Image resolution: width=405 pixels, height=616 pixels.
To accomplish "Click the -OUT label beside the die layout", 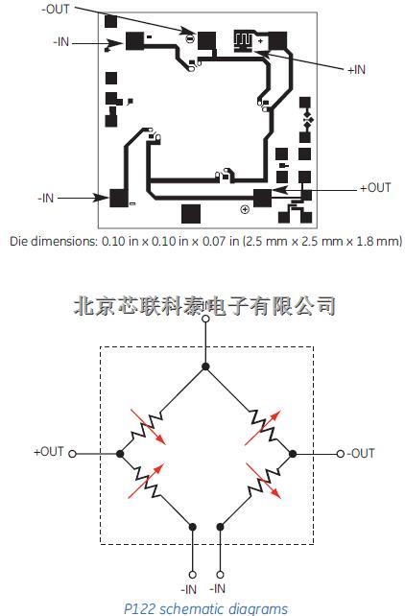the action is pos(56,9).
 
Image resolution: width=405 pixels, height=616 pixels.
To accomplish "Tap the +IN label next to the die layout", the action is pos(356,70).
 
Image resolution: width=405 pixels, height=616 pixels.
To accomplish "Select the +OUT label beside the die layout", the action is pos(375,188).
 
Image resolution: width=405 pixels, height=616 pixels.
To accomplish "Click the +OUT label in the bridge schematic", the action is pos(49,452).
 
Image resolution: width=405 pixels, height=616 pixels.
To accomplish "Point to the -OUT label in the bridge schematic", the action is pos(361,453).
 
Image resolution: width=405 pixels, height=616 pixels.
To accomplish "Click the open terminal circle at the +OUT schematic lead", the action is pos(72,454).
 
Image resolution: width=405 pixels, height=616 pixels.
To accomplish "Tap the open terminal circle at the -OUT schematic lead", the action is pos(341,454).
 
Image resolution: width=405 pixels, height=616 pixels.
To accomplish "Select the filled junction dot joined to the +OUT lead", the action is pos(120,454).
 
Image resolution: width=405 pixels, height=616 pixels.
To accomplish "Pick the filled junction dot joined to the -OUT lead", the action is pos(293,454).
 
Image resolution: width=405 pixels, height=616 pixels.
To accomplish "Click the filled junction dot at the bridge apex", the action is pos(205,367).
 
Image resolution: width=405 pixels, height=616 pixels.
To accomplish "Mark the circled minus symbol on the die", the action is pos(190,39).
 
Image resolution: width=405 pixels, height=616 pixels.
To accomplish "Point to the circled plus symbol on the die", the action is pos(245,209).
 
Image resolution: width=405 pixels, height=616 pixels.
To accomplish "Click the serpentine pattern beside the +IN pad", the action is pos(243,41).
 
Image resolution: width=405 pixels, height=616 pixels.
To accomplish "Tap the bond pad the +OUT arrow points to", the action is pos(262,198).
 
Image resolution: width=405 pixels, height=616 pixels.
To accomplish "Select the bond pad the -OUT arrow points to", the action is pos(206,41).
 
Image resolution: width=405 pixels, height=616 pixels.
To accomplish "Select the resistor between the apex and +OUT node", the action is pos(146,427).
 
